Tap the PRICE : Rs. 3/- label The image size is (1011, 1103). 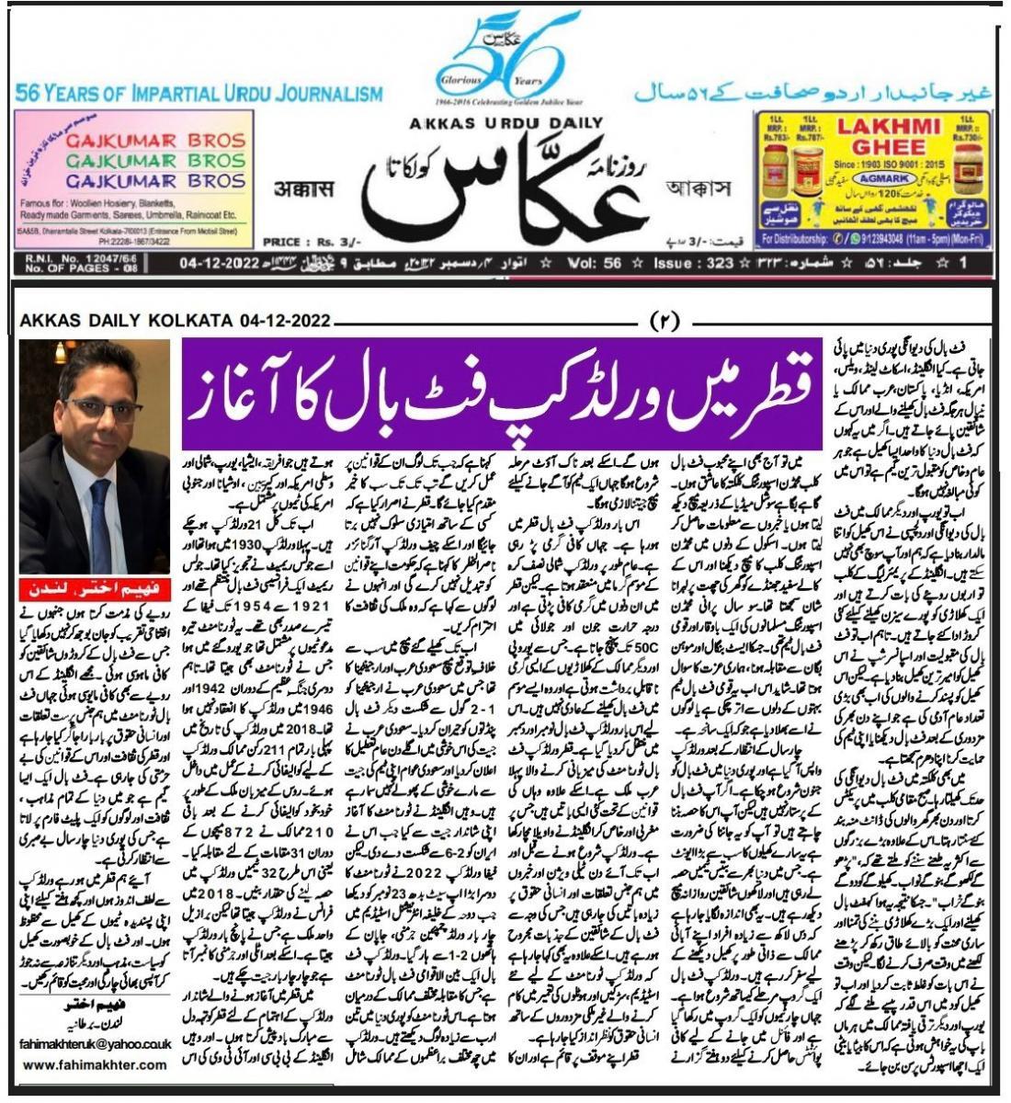coord(302,243)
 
